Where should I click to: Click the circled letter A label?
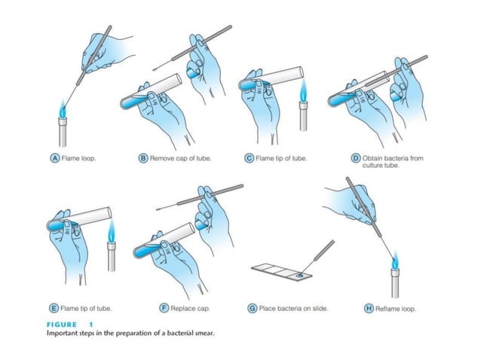[x=55, y=157]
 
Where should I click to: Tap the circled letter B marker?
[x=142, y=157]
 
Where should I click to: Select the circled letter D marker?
[x=355, y=157]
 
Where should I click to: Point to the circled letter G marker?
[x=252, y=308]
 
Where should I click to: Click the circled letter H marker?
[x=369, y=308]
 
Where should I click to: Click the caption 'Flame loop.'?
[x=79, y=157]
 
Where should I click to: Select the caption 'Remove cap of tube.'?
[x=179, y=157]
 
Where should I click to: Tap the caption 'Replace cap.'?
[x=185, y=308]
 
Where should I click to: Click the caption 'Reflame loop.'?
[x=397, y=308]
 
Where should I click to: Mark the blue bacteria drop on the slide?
[x=302, y=276]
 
